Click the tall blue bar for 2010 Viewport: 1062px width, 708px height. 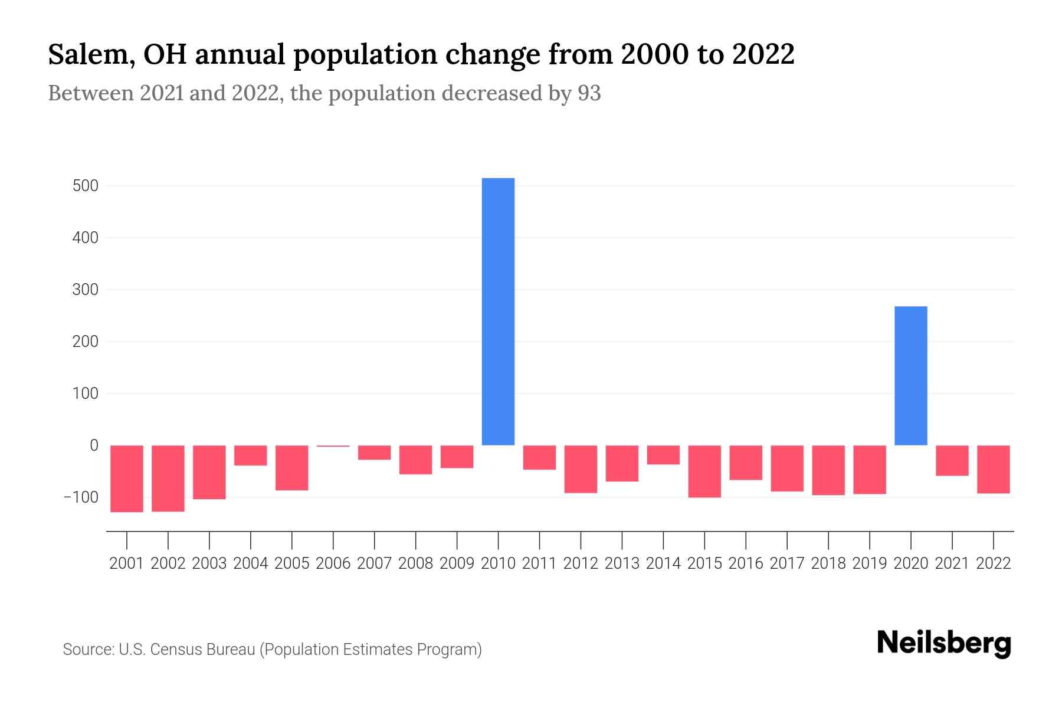[x=498, y=312]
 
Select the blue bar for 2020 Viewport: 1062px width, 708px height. [x=910, y=376]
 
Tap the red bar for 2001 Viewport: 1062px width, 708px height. [x=127, y=478]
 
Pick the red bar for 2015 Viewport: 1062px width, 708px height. [x=704, y=471]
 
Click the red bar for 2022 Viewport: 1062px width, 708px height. [x=993, y=469]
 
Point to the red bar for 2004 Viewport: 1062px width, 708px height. [x=251, y=455]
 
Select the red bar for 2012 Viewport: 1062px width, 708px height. [x=581, y=469]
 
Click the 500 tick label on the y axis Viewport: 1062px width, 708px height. [x=86, y=186]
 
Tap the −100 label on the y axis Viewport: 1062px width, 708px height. [x=81, y=497]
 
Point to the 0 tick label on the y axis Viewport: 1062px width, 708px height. [x=94, y=445]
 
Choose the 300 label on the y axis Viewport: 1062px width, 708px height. [x=86, y=290]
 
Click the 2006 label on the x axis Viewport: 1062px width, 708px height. [x=333, y=563]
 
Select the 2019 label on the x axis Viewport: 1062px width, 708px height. [x=870, y=563]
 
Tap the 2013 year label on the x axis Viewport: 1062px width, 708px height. [x=622, y=563]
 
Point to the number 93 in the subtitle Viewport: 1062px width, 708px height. [x=589, y=93]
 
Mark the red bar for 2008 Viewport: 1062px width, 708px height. [x=415, y=460]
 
